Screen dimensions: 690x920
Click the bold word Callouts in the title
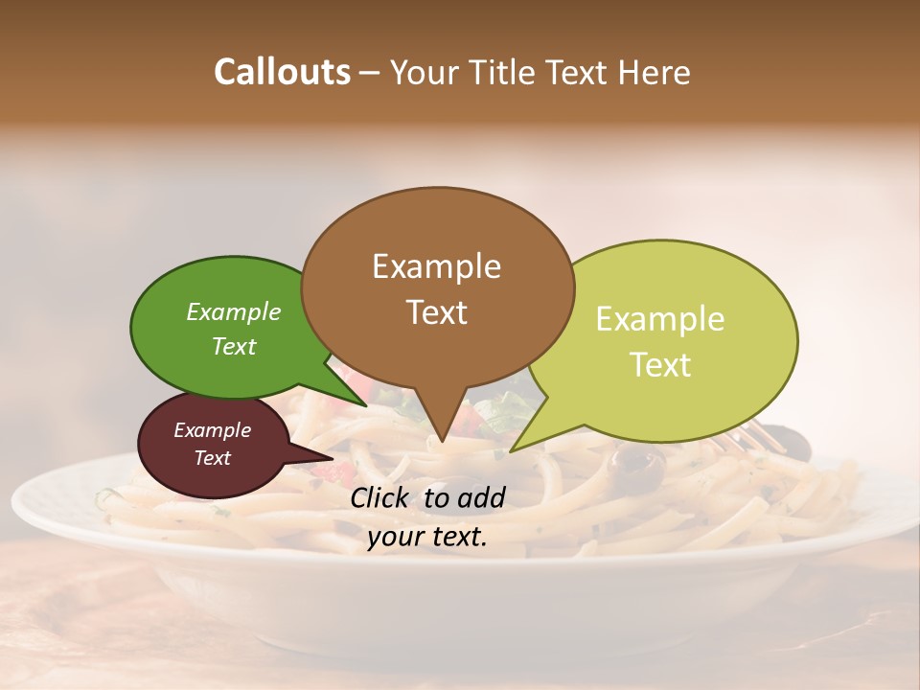click(x=282, y=72)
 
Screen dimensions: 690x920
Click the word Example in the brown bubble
click(x=436, y=266)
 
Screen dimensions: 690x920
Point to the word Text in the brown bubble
click(x=436, y=312)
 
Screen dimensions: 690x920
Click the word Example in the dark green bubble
click(x=234, y=312)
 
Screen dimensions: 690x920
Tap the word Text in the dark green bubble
click(x=234, y=346)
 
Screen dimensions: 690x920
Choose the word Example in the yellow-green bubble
click(x=660, y=319)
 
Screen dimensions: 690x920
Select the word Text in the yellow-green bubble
click(x=660, y=365)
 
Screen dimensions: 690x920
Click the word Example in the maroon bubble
click(x=212, y=430)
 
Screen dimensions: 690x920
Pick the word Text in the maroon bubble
click(x=212, y=458)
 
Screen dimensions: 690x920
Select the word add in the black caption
click(x=481, y=497)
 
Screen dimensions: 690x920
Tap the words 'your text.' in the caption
click(x=427, y=537)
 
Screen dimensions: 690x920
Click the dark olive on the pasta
click(x=639, y=462)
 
